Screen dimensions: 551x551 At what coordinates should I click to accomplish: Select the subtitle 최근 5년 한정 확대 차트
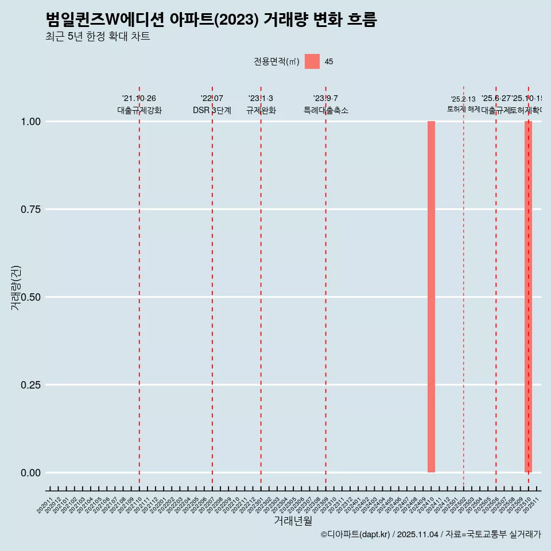pyautogui.click(x=98, y=37)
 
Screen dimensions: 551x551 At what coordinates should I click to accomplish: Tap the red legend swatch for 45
pyautogui.click(x=312, y=61)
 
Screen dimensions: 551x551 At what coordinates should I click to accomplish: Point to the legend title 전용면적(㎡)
pyautogui.click(x=277, y=61)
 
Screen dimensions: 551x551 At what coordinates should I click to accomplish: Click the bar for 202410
pyautogui.click(x=431, y=297)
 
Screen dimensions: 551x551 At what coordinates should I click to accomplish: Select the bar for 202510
pyautogui.click(x=528, y=297)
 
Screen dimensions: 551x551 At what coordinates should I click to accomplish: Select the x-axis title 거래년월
pyautogui.click(x=293, y=521)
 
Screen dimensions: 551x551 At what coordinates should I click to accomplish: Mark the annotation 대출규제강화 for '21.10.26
pyautogui.click(x=139, y=110)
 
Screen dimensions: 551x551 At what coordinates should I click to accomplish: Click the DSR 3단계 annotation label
pyautogui.click(x=212, y=110)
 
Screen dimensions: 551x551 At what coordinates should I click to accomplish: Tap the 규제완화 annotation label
pyautogui.click(x=261, y=110)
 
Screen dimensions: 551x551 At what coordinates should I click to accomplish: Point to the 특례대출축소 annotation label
pyautogui.click(x=326, y=110)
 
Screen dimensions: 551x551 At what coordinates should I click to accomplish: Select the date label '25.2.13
pyautogui.click(x=463, y=99)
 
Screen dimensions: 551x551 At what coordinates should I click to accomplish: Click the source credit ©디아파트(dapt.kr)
pyautogui.click(x=356, y=534)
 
